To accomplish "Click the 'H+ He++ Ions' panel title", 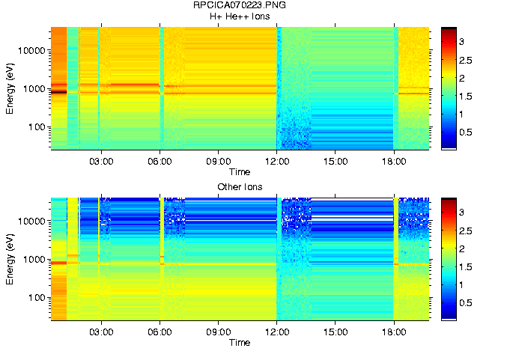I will (240, 16).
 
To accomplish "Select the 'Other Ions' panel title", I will (240, 186).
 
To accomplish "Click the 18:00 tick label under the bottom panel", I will (394, 332).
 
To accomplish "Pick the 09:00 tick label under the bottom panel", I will (218, 332).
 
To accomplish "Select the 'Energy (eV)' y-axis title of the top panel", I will (10, 88).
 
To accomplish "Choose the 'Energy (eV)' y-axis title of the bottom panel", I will (10, 259).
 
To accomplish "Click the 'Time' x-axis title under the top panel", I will (240, 171).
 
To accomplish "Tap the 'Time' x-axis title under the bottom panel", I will (240, 342).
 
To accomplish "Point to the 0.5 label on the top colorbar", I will (465, 132).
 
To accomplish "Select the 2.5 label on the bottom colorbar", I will (465, 231).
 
